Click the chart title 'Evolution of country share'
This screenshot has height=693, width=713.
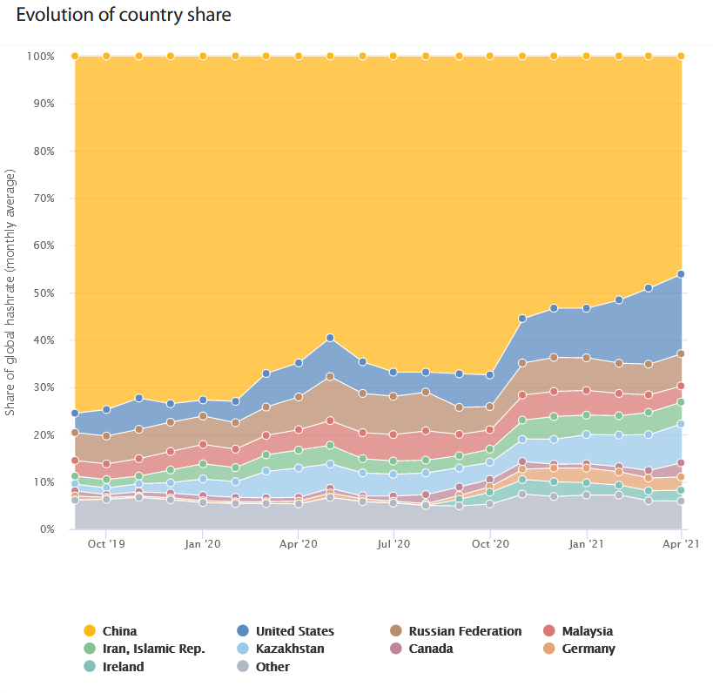pos(124,16)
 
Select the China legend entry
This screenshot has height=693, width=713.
pos(119,631)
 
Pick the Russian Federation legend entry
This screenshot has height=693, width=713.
pos(465,631)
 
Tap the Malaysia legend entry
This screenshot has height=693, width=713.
pos(587,631)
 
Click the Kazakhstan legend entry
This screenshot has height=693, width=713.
pos(290,649)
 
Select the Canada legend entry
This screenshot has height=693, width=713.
pos(430,649)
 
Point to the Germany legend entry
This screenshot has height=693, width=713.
pos(589,649)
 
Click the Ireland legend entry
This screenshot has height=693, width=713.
pos(123,667)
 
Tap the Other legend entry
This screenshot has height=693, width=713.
pos(272,667)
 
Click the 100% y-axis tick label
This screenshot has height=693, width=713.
pos(40,57)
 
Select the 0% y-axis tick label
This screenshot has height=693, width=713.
pos(47,529)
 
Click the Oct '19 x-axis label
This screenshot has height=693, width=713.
pos(106,544)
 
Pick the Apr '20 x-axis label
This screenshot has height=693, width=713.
pos(299,544)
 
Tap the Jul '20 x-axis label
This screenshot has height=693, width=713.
pos(394,544)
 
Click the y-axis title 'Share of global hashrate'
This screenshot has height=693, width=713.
pos(11,293)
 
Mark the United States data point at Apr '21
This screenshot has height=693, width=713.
pos(681,274)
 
